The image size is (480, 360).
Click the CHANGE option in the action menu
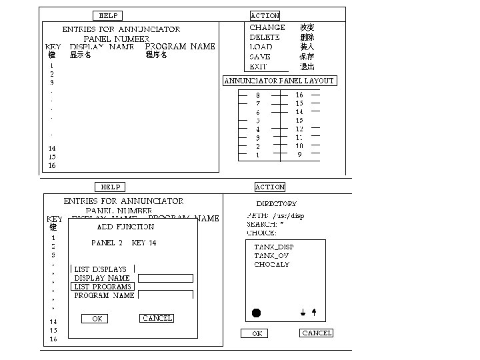click(x=267, y=27)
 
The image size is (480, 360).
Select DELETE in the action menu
click(x=265, y=37)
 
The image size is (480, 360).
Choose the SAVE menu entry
click(x=260, y=57)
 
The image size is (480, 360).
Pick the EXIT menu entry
click(x=258, y=67)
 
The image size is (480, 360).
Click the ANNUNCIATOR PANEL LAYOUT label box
click(x=279, y=81)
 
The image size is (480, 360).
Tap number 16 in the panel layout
click(x=299, y=95)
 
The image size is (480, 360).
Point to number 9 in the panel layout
click(x=299, y=155)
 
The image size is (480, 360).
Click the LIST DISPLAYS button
click(x=101, y=269)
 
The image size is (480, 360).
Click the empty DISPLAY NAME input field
click(x=165, y=278)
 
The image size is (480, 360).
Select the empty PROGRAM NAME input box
click(x=165, y=295)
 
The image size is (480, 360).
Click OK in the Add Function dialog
click(x=97, y=319)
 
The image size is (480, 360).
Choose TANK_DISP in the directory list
click(x=273, y=247)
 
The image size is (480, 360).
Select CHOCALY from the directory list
click(x=272, y=265)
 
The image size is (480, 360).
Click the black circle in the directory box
click(x=257, y=313)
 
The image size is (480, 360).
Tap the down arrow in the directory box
click(x=303, y=312)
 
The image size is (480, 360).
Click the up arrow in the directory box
click(x=314, y=312)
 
